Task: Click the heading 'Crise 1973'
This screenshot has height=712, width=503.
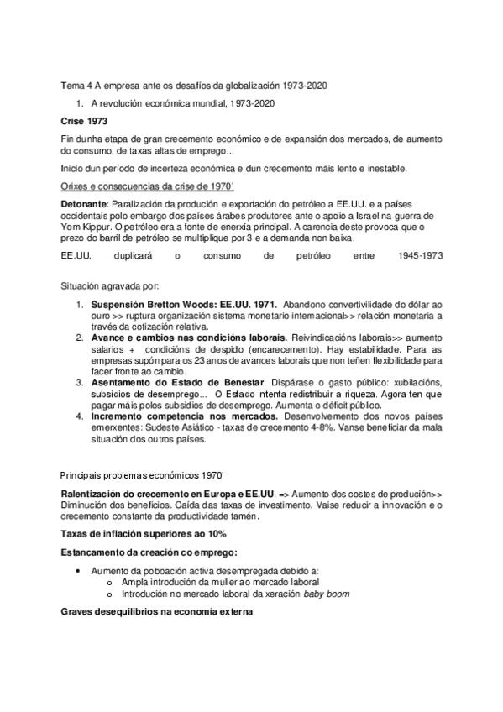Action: [x=84, y=122]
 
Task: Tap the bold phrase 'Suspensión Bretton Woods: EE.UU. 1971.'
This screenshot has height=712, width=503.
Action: [x=184, y=304]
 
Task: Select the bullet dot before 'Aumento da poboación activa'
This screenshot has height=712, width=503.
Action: [x=77, y=571]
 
